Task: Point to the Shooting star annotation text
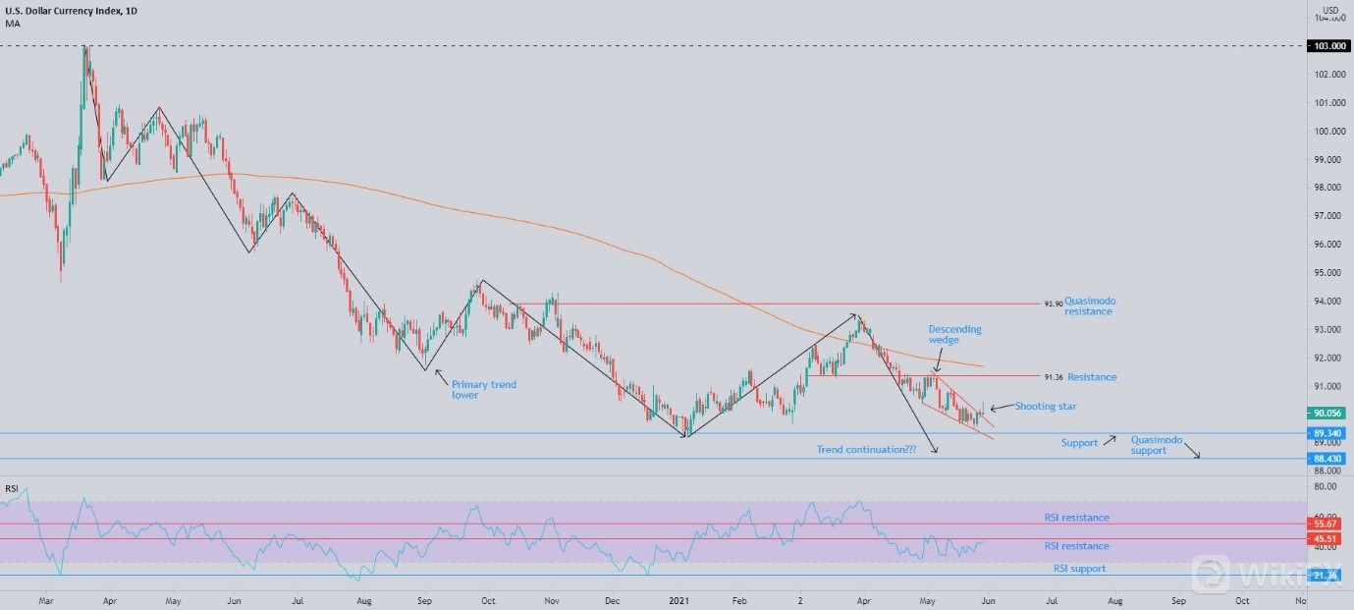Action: pyautogui.click(x=1046, y=406)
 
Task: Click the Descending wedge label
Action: pyautogui.click(x=954, y=335)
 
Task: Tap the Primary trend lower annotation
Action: pyautogui.click(x=483, y=390)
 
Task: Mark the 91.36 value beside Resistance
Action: pyautogui.click(x=1054, y=377)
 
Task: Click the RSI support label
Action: pyautogui.click(x=1078, y=569)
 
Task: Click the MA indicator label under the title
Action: pyautogui.click(x=12, y=24)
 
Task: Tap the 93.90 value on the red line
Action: pyautogui.click(x=1053, y=305)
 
